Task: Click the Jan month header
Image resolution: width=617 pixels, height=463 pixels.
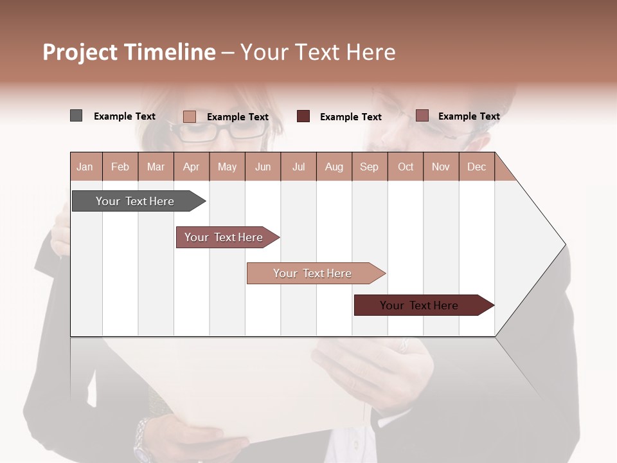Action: (x=85, y=167)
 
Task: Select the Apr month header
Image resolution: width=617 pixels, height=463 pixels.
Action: (x=191, y=167)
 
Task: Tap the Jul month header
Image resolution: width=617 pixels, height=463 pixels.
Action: (x=298, y=167)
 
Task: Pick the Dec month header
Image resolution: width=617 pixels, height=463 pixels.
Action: (x=476, y=167)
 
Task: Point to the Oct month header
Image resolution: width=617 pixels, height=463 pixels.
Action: (x=406, y=167)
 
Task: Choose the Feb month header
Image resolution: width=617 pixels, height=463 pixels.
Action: (x=120, y=167)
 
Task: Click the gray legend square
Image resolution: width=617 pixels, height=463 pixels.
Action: (x=76, y=116)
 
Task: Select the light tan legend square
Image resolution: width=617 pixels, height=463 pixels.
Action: (x=189, y=116)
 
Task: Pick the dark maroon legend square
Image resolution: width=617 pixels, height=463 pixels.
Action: (x=303, y=116)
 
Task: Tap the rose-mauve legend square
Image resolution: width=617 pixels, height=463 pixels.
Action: (x=422, y=116)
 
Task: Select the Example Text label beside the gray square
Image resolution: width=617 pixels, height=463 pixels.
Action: (x=125, y=116)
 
